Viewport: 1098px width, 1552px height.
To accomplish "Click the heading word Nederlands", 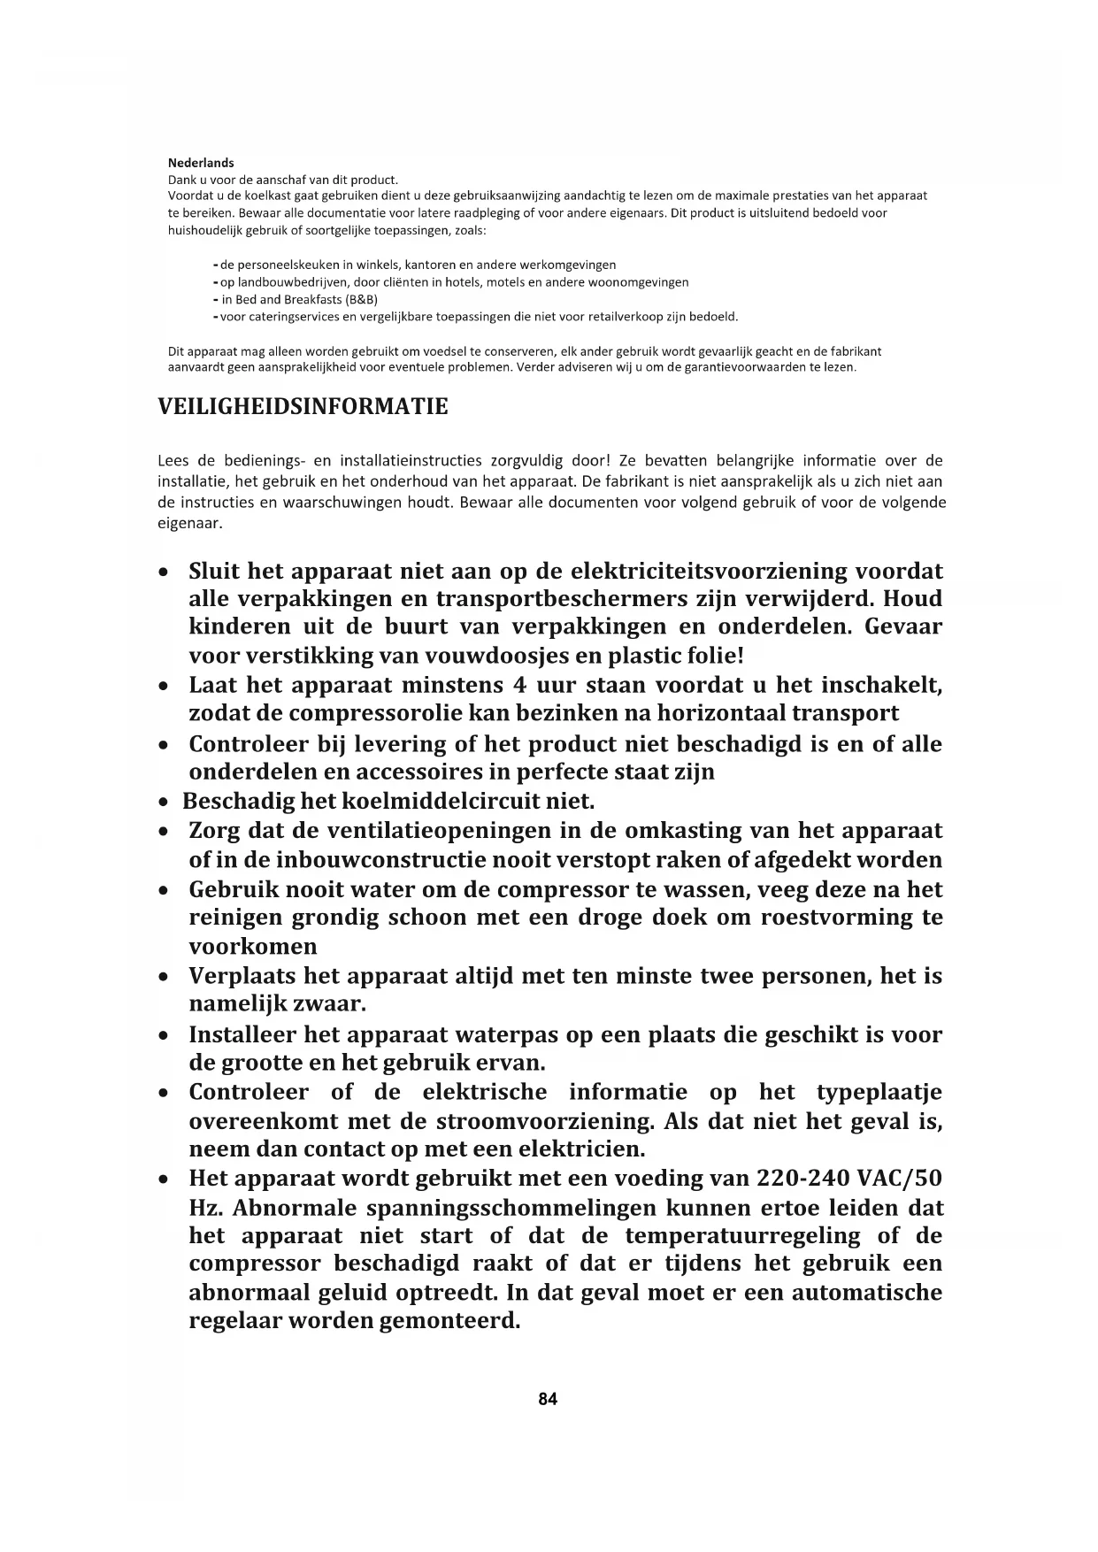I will [x=201, y=163].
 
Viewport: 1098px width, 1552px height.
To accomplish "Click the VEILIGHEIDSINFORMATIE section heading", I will [x=303, y=407].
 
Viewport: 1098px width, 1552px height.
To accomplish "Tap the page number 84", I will [x=548, y=1399].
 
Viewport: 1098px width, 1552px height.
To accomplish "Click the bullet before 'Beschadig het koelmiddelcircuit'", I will [x=164, y=803].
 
